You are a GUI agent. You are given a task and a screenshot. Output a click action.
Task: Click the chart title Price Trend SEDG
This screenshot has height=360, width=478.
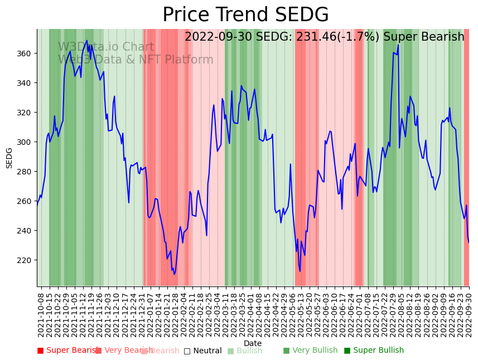click(245, 15)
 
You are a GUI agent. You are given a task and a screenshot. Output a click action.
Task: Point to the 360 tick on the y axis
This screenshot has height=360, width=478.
click(27, 53)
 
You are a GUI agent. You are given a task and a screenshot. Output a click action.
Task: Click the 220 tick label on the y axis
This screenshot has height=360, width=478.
click(27, 260)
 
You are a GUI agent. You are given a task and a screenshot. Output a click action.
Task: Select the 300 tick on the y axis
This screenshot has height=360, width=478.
click(27, 142)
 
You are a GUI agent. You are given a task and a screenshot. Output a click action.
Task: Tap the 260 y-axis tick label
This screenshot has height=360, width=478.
click(27, 201)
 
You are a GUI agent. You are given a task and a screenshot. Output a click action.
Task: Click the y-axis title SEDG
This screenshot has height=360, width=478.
click(9, 158)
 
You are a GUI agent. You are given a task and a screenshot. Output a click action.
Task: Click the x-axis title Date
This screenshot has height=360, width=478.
click(253, 343)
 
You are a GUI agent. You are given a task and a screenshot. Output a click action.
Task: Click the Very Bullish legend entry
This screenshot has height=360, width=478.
click(310, 351)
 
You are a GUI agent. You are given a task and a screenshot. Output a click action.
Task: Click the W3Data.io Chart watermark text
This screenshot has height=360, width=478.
click(106, 47)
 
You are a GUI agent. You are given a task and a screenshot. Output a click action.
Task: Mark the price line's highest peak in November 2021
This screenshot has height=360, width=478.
click(86, 41)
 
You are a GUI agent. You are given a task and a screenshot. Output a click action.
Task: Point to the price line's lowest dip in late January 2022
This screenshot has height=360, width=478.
click(174, 274)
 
